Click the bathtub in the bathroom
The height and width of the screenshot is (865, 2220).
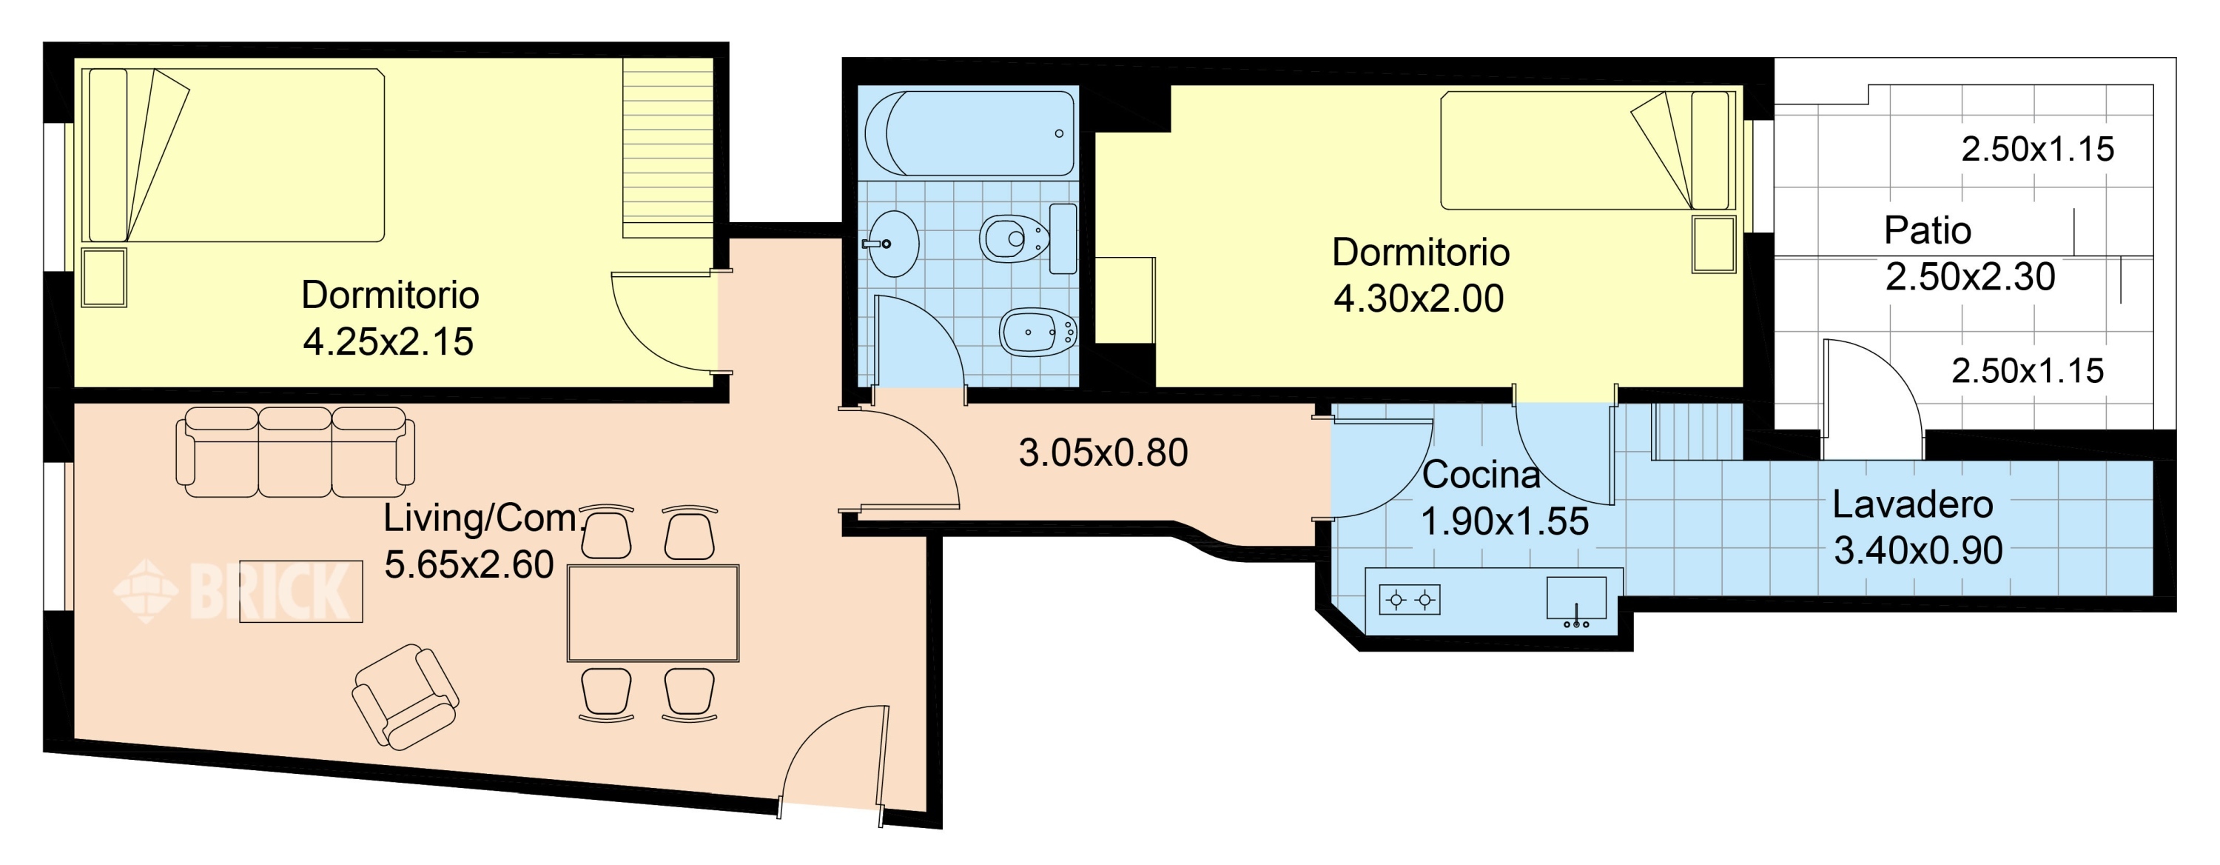969,133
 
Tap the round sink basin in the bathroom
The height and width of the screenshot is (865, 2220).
894,244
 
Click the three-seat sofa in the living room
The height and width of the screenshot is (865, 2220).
295,452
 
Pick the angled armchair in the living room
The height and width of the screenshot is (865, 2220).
405,696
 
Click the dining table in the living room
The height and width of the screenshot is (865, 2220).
653,613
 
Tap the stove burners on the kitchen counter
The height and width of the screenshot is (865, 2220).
1410,599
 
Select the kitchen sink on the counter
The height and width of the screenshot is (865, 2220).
1576,600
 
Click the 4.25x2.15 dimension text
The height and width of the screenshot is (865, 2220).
388,341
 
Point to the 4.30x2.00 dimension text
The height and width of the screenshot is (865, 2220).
1419,298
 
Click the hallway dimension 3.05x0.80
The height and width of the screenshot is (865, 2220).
1103,452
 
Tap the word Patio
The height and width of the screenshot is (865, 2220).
1927,231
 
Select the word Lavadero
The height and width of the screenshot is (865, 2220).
1912,504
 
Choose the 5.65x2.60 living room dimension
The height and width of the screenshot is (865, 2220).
469,565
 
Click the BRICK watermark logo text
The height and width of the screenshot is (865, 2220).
269,591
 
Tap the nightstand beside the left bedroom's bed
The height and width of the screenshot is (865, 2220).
104,278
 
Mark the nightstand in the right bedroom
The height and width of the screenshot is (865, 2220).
1713,244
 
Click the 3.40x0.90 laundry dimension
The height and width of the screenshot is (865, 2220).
1918,551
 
